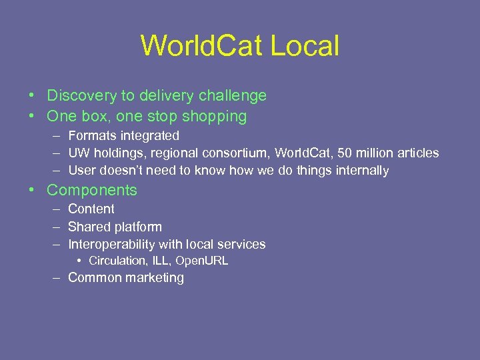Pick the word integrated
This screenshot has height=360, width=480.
pos(149,135)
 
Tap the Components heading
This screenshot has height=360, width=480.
pos(92,190)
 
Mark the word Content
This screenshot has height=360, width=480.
pos(91,209)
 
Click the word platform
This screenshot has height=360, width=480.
pos(137,227)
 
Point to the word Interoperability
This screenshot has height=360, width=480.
pos(112,244)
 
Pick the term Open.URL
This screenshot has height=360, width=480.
pos(202,261)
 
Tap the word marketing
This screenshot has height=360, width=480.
pos(156,278)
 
